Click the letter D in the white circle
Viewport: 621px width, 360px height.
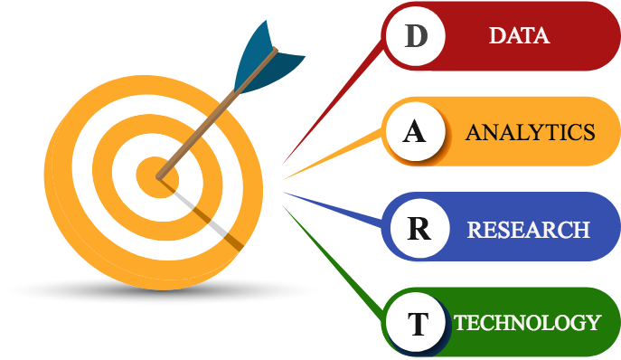[x=416, y=37]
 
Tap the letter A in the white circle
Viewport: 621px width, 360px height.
[x=414, y=132]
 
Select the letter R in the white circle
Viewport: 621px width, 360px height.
[x=418, y=228]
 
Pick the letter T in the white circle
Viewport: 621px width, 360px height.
[x=418, y=324]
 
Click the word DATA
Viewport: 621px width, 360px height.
[x=519, y=36]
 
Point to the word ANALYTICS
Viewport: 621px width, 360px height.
[x=530, y=132]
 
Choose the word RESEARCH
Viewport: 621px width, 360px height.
[x=528, y=229]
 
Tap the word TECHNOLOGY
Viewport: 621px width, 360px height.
[x=527, y=323]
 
